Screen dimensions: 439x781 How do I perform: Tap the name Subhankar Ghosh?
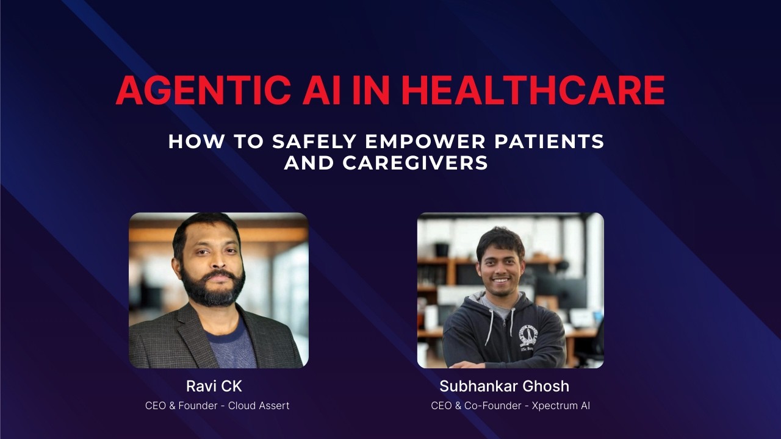click(504, 386)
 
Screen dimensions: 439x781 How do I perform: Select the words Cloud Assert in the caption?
click(259, 405)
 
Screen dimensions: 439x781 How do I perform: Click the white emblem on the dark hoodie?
click(527, 336)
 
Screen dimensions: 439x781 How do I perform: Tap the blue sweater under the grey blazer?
click(231, 348)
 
